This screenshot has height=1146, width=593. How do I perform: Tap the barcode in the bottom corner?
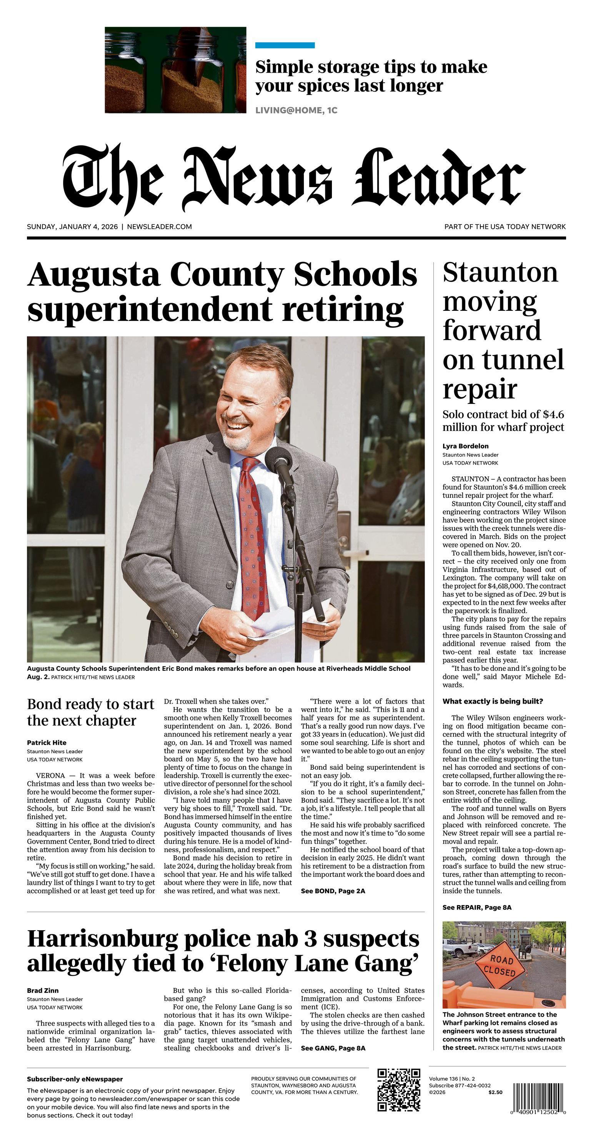pyautogui.click(x=539, y=1094)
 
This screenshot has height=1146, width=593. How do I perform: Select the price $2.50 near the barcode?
pyautogui.click(x=495, y=1092)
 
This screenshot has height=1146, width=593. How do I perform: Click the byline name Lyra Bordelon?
pyautogui.click(x=465, y=446)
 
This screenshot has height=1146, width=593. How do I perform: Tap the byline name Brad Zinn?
pyautogui.click(x=43, y=990)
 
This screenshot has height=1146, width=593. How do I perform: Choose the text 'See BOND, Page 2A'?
pyautogui.click(x=333, y=891)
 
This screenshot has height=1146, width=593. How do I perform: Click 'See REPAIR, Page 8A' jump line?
pyautogui.click(x=477, y=907)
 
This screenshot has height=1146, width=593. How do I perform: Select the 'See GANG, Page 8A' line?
pyautogui.click(x=333, y=1048)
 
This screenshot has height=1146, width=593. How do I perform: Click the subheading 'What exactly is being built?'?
pyautogui.click(x=493, y=701)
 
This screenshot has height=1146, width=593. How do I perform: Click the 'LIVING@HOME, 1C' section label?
pyautogui.click(x=296, y=110)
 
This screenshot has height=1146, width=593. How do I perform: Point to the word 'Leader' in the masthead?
pyautogui.click(x=440, y=178)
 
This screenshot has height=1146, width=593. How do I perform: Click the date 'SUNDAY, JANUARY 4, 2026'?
pyautogui.click(x=73, y=227)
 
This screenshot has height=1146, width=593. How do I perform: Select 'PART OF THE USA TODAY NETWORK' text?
pyautogui.click(x=505, y=227)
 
